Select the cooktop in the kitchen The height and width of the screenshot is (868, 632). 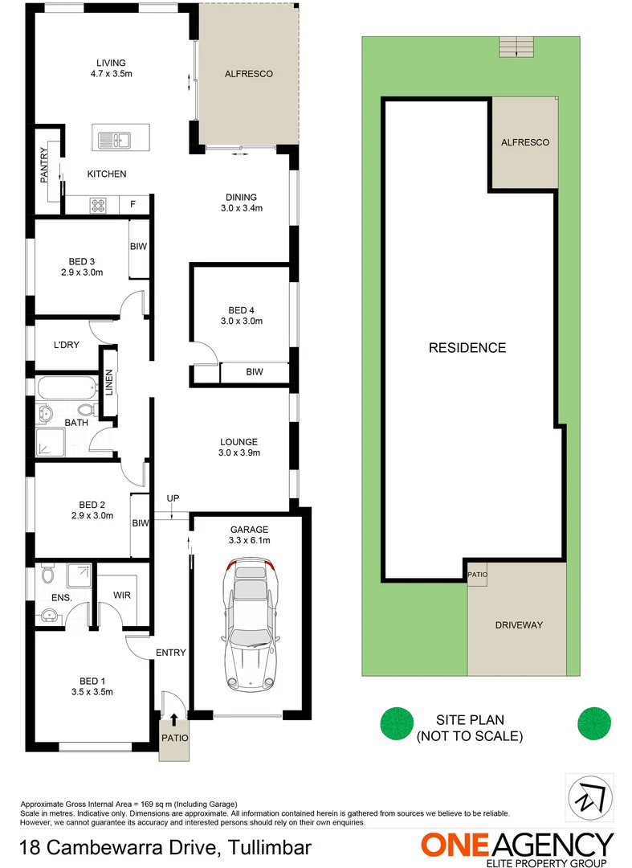[98, 205]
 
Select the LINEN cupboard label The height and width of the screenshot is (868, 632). [109, 381]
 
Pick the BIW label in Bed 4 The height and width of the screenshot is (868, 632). [255, 372]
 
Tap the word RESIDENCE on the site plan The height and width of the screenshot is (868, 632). [467, 348]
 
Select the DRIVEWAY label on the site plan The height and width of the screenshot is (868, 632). [519, 624]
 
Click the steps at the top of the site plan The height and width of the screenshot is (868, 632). [516, 47]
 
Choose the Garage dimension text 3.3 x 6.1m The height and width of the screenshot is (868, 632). [249, 540]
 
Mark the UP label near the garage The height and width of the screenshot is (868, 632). [173, 499]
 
